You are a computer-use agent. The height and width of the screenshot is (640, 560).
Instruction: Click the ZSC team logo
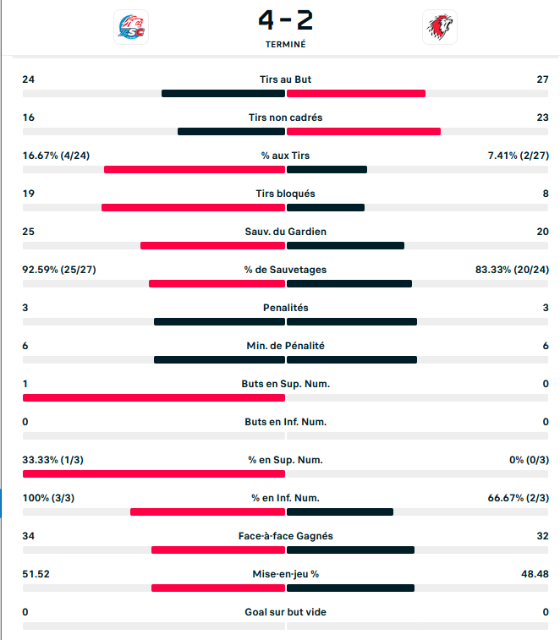(x=130, y=27)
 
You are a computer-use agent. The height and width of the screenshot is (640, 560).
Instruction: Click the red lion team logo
(x=439, y=27)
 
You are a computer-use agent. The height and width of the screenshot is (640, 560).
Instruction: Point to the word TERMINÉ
(x=285, y=44)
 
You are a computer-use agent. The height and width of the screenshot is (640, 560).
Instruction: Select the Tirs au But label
(x=285, y=79)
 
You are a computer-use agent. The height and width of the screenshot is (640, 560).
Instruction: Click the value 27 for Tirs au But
(x=543, y=79)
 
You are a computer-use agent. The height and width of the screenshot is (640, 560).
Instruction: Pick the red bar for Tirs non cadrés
(x=364, y=131)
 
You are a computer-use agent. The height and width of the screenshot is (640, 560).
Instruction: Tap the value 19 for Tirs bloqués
(x=28, y=194)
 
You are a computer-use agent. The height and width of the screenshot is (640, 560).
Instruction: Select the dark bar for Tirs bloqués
(x=326, y=207)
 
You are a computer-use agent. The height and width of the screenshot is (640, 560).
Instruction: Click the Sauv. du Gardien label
(x=285, y=232)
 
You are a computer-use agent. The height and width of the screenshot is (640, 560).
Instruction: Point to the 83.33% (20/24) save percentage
(x=513, y=270)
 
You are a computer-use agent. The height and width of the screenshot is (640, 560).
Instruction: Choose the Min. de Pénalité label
(x=285, y=346)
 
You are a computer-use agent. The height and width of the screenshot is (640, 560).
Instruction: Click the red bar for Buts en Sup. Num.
(x=154, y=397)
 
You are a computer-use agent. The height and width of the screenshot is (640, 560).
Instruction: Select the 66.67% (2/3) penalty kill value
(x=519, y=498)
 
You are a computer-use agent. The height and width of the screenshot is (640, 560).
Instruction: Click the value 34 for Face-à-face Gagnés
(x=28, y=536)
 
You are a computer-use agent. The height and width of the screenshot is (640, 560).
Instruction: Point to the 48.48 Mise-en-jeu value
(x=535, y=574)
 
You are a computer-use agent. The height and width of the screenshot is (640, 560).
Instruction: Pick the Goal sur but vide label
(x=285, y=612)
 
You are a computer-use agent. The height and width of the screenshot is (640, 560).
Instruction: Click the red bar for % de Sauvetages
(x=217, y=283)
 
